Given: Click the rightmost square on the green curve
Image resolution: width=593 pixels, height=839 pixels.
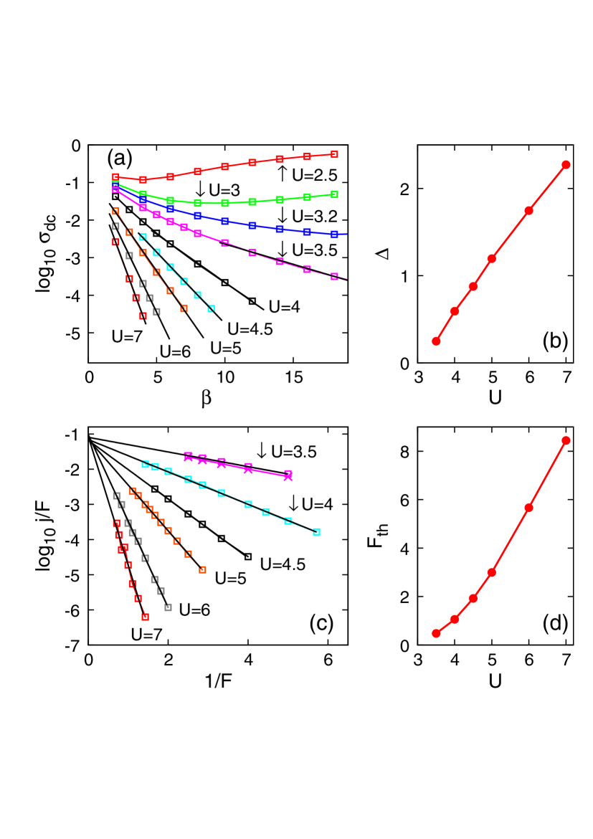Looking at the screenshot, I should pos(334,194).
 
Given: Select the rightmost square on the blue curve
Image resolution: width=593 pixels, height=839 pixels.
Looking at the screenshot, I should pos(334,234).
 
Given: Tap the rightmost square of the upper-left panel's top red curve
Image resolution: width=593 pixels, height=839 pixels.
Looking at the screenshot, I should pos(334,154).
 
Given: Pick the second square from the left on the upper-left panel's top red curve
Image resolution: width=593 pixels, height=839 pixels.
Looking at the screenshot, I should pos(143,179).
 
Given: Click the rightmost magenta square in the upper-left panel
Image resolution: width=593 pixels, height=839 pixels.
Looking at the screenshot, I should pos(334,276).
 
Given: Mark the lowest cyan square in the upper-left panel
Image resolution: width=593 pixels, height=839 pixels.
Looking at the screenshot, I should pos(211,308).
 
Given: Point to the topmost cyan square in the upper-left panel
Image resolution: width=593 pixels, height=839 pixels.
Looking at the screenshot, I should pos(143,237).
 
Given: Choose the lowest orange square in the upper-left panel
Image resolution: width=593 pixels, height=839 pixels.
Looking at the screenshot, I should pos(184,308).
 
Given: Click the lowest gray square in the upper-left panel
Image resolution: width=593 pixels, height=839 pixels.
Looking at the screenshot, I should pos(156,312).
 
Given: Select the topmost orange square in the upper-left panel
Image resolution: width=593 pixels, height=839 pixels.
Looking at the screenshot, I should pos(115,211).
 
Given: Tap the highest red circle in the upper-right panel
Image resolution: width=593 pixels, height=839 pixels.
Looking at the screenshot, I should pos(565,165).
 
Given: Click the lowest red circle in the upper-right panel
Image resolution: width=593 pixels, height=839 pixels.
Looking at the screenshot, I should pos(436,341).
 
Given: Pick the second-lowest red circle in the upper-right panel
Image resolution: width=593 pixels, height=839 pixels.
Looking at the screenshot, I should pos(455,311).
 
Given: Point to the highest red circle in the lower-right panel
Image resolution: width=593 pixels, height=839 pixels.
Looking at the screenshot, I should pos(565,440).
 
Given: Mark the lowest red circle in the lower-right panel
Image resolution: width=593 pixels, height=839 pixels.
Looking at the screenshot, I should pos(436,633).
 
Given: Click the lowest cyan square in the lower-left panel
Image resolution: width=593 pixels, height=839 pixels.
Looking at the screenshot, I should pos(316,531).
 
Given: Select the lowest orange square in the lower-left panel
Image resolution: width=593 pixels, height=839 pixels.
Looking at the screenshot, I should pos(202,569).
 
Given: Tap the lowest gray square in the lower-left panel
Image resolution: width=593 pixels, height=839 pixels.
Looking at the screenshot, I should pos(168,607).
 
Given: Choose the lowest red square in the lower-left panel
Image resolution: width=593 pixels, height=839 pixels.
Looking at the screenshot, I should pos(145,617).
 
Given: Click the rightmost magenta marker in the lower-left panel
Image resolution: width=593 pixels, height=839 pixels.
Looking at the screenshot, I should pos(288,475).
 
